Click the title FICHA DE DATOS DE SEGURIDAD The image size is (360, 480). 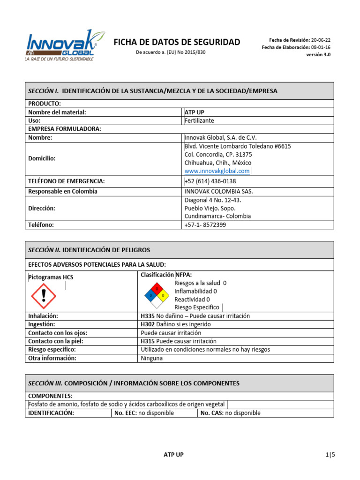coord(177,42)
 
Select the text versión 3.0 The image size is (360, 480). coord(318,54)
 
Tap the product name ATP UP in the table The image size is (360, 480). coord(195,112)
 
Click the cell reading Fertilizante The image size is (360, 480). coord(200,120)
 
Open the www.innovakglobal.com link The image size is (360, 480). coord(217,171)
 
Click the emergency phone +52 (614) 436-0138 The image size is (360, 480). coord(210,181)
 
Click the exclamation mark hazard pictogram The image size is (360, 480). coord(43,295)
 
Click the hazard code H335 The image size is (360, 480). coord(148,316)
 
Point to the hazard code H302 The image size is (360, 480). coord(148,324)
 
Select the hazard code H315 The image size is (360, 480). coord(148,341)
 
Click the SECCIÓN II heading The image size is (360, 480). coord(89,250)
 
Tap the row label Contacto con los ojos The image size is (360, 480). coord(58,333)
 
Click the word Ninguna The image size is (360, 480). coord(152,358)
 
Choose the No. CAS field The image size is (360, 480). coord(230,413)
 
